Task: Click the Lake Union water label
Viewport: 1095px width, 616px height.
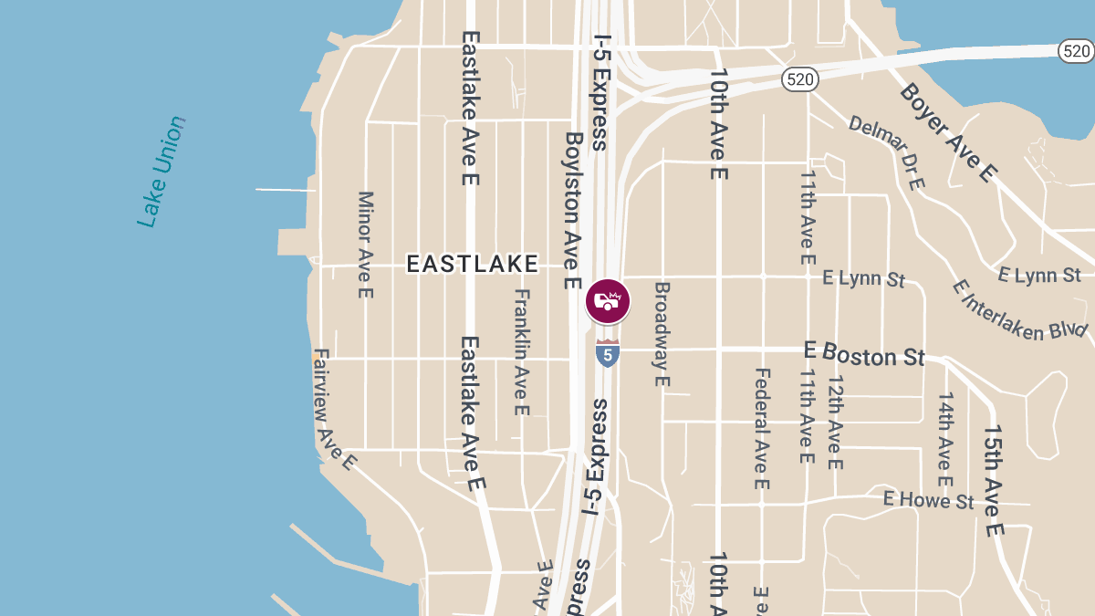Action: tap(162, 172)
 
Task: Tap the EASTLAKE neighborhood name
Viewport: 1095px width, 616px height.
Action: tap(472, 265)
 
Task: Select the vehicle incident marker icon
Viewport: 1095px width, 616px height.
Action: tap(608, 301)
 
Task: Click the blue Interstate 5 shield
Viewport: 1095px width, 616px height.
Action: tap(608, 353)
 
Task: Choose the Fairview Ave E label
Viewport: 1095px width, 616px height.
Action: tap(333, 409)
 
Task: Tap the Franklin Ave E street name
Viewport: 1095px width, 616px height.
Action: tap(522, 352)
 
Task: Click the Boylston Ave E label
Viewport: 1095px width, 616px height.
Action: tap(573, 211)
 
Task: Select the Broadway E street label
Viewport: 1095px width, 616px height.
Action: tap(662, 333)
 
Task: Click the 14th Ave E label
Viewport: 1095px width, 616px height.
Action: tap(945, 439)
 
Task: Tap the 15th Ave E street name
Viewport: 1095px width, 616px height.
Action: tap(994, 480)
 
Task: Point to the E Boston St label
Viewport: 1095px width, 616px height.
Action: tap(864, 354)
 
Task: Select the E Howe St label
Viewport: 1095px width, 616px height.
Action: tap(928, 500)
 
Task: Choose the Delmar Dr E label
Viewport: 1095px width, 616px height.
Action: tap(888, 152)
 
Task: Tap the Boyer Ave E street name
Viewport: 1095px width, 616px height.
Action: tap(949, 132)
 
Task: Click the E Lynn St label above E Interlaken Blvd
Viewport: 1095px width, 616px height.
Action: tap(1039, 275)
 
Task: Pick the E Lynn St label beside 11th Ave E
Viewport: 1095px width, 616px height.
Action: tap(863, 277)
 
